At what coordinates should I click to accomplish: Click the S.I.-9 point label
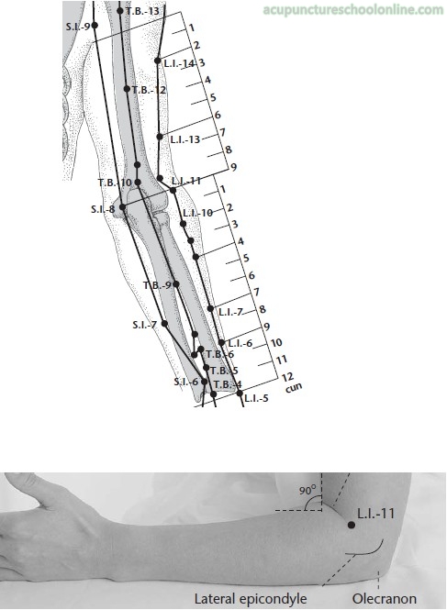point(78,27)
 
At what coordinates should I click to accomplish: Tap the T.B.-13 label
point(142,11)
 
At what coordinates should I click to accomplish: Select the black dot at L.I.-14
point(157,61)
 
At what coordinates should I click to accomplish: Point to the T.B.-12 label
point(149,90)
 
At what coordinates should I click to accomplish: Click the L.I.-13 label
point(185,139)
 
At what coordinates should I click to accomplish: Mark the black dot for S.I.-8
point(122,207)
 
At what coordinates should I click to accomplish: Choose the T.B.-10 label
point(115,182)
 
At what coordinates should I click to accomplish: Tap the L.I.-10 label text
point(198,213)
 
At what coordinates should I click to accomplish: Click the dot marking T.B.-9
point(176,284)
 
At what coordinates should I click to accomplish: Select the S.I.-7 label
point(144,325)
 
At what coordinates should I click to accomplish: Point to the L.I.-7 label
point(231,312)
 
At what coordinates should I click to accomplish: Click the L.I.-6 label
point(240,343)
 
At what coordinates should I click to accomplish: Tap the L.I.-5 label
point(256,398)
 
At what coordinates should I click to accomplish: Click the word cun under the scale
point(294,388)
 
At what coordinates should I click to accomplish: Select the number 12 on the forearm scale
point(287,377)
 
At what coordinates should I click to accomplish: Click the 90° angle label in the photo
point(307,491)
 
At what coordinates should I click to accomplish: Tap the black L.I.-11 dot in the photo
point(352,525)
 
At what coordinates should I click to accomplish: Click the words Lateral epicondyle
point(251,599)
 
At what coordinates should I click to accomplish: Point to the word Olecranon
point(385,598)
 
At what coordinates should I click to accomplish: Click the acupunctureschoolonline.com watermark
point(353,10)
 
